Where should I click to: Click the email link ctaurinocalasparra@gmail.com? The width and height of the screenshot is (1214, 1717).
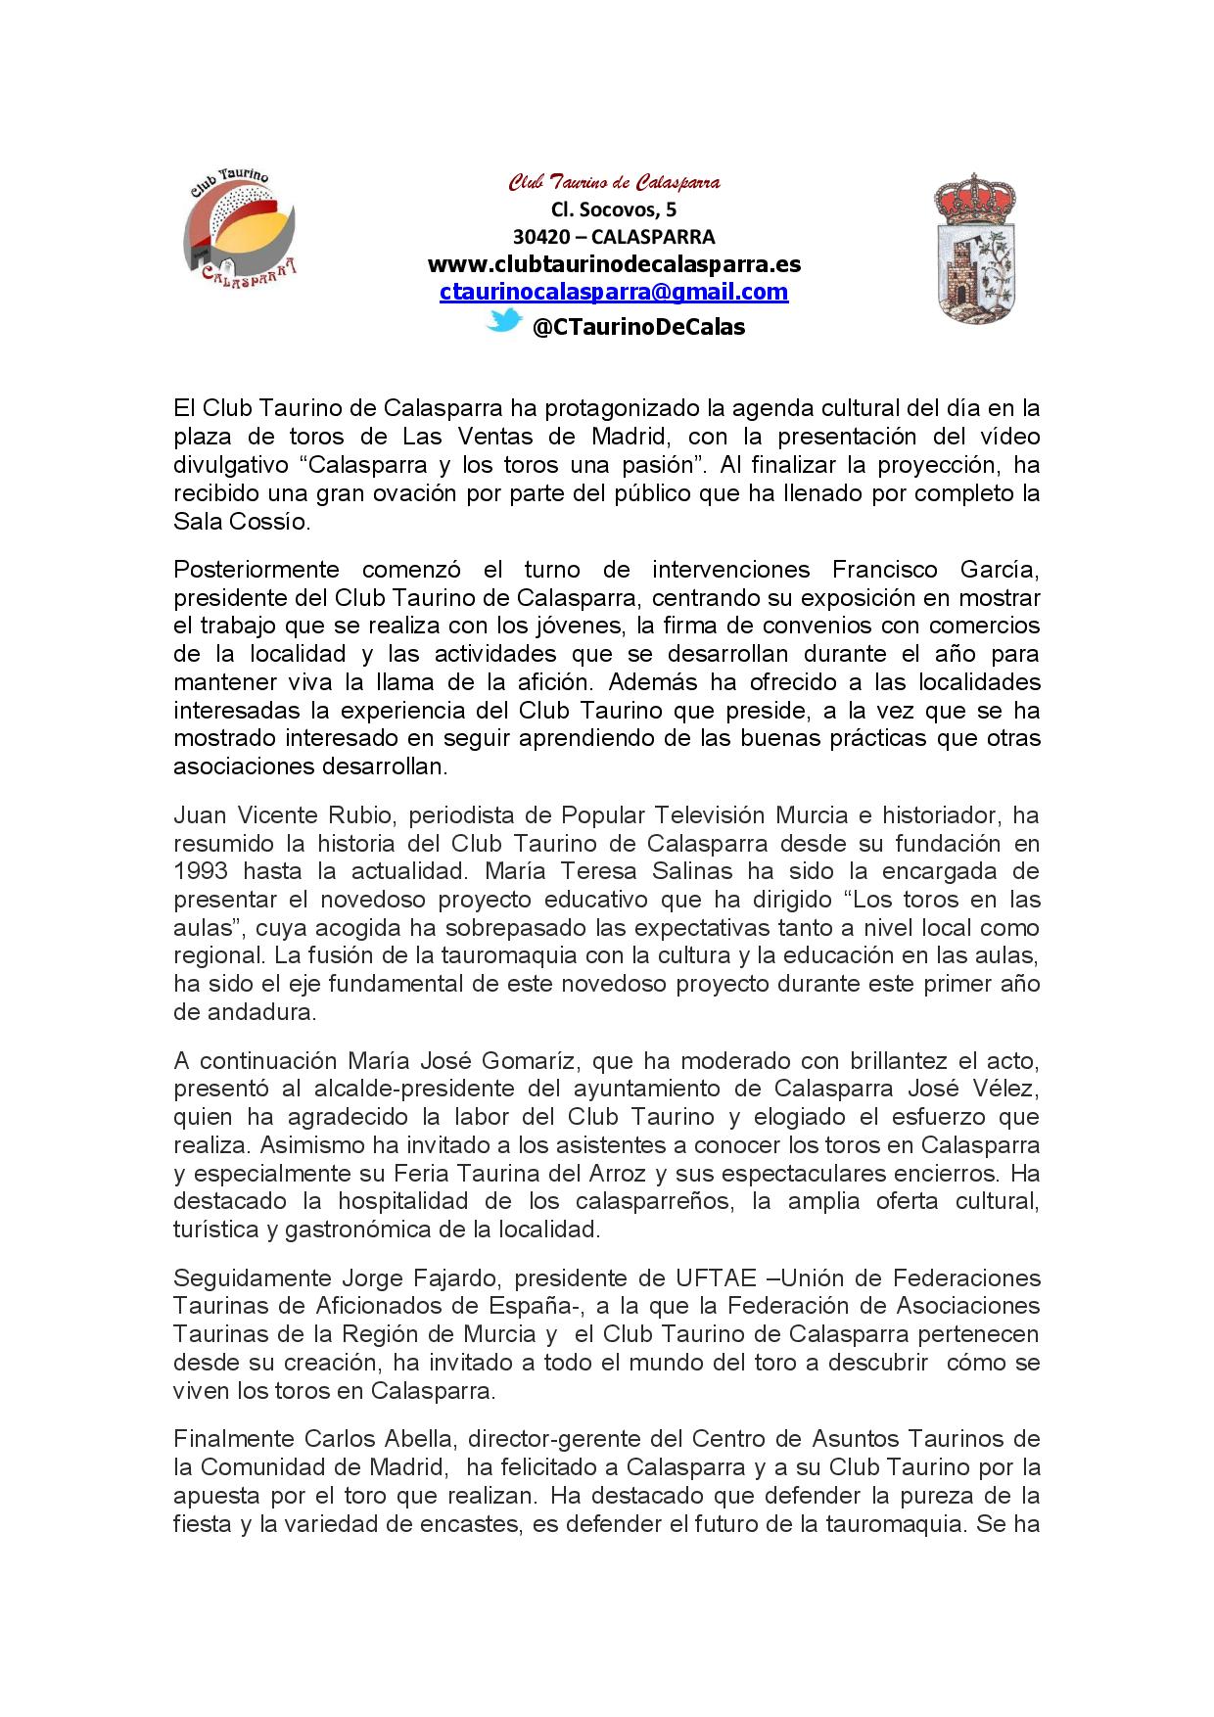click(614, 292)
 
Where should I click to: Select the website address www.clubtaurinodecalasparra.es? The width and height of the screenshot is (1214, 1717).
click(614, 264)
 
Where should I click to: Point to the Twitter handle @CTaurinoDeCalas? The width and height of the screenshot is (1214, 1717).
click(638, 327)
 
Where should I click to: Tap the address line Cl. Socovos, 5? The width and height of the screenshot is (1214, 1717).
click(614, 209)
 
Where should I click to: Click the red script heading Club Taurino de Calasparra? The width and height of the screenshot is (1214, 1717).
click(614, 182)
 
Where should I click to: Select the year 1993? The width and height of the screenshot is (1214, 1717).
click(203, 871)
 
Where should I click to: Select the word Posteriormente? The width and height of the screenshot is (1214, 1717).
click(257, 570)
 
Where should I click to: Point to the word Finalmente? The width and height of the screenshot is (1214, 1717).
click(234, 1439)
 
